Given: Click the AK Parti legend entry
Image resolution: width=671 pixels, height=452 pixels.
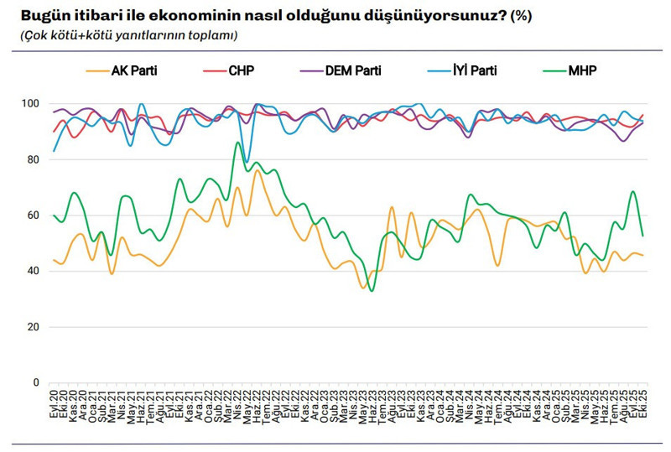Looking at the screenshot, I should pyautogui.click(x=134, y=70).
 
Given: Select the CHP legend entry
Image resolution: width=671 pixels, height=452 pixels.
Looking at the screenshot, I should pyautogui.click(x=243, y=70).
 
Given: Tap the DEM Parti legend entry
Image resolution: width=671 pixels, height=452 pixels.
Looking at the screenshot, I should pyautogui.click(x=351, y=70).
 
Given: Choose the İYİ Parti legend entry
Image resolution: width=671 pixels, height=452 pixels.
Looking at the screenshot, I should pyautogui.click(x=472, y=70).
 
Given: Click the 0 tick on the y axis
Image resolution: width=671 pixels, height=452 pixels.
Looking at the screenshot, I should pyautogui.click(x=37, y=382).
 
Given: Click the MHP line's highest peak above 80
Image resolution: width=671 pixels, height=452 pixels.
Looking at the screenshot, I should pyautogui.click(x=238, y=143).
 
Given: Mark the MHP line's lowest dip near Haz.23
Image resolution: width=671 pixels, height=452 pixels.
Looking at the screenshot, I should pyautogui.click(x=372, y=290).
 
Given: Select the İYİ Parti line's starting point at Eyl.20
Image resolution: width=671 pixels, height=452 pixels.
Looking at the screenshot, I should pyautogui.click(x=55, y=151).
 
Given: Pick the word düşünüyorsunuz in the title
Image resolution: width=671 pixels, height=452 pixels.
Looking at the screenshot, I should pyautogui.click(x=450, y=16).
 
